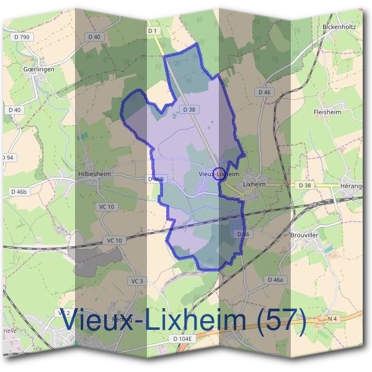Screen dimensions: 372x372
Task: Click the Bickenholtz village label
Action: pos(338,27)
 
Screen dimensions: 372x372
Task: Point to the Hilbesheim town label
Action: pos(94,175)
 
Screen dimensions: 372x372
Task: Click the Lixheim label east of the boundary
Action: pos(254,184)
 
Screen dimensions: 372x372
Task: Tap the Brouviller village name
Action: pos(304,235)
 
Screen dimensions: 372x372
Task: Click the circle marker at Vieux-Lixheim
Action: pos(218,174)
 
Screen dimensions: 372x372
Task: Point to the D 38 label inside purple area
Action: pos(189,110)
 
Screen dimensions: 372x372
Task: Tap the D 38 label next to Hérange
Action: pos(304,185)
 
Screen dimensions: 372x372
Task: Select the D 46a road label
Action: pos(275,280)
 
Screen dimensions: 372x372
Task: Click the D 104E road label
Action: pos(184,339)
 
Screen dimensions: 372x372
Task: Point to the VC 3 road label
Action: pos(138,281)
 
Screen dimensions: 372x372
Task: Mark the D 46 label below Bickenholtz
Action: pos(265,92)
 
